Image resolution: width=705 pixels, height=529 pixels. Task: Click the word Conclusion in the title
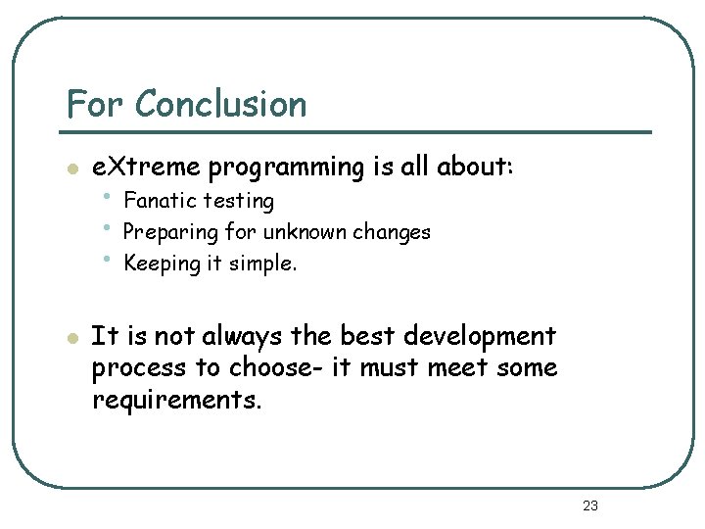(220, 104)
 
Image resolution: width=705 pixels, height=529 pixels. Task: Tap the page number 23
(589, 505)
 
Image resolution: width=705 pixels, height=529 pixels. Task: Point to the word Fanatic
(161, 201)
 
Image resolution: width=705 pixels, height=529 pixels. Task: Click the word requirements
(177, 402)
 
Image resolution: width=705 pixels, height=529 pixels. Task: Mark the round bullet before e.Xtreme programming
(70, 168)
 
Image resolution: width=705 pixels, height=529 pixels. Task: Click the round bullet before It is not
(70, 337)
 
